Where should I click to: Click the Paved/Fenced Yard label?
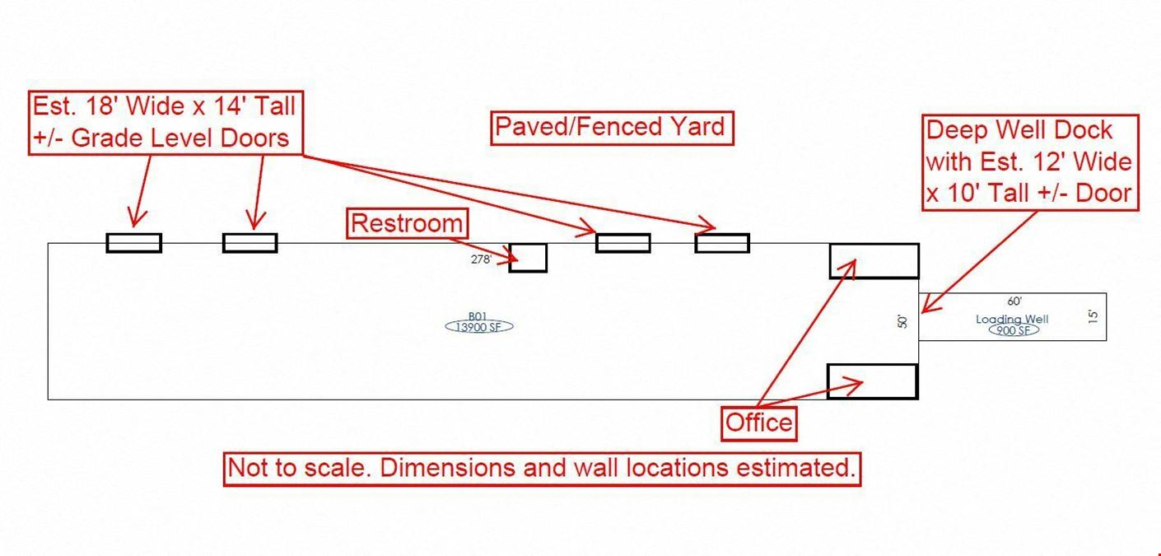tap(612, 128)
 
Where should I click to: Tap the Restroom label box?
tap(407, 223)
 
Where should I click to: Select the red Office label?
tap(759, 423)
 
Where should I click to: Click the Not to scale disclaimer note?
tap(542, 468)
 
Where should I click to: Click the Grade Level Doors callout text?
tap(163, 122)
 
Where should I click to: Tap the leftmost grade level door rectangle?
tap(133, 242)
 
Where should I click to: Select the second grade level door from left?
tap(249, 242)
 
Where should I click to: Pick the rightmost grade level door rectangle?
tap(722, 243)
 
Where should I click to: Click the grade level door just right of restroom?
tap(622, 243)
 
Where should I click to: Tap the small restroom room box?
tap(528, 258)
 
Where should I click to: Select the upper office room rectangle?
tap(874, 261)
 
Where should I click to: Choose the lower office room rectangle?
tap(872, 381)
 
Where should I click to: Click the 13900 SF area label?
tap(479, 327)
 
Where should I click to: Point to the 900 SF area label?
tap(1012, 330)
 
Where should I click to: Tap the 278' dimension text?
tap(481, 259)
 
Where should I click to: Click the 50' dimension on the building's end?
tap(902, 321)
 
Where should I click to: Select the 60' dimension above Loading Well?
tap(1014, 302)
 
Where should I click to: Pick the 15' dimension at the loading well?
tap(1093, 316)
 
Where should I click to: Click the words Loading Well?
tap(1012, 319)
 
